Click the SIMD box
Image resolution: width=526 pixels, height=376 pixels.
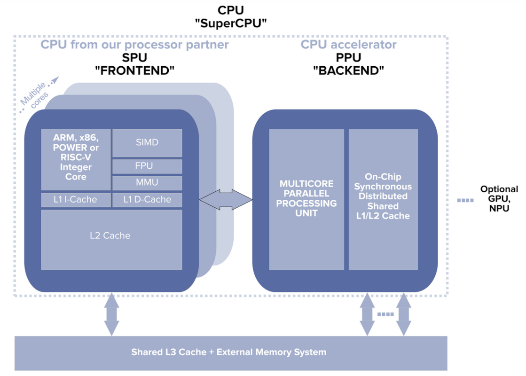147,143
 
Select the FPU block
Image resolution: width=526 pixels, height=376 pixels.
147,166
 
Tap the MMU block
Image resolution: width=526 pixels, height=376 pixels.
147,183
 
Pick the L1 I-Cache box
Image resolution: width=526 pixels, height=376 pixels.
76,200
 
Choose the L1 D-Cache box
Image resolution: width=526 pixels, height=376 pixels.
147,200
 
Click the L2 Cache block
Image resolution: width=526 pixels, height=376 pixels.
111,240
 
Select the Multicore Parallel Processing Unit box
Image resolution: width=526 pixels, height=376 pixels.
306,199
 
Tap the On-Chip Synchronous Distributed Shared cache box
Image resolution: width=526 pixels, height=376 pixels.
383,199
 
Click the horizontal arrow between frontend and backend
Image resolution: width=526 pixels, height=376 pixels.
226,200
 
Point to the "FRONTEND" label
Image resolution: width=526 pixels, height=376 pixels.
134,71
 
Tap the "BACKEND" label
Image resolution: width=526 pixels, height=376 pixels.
348,71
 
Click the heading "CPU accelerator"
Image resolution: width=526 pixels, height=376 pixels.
348,45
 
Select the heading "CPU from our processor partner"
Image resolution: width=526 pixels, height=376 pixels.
134,45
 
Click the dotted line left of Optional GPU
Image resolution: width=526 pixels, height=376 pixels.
465,200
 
